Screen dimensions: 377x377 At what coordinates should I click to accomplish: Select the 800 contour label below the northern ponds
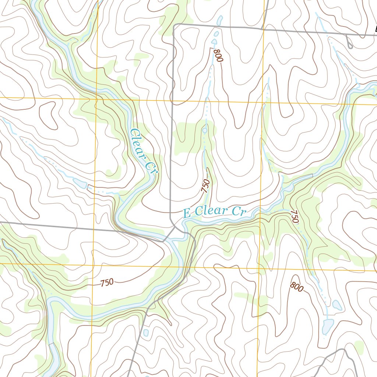click(x=218, y=55)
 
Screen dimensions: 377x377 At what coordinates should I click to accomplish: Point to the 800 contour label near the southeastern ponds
click(x=297, y=286)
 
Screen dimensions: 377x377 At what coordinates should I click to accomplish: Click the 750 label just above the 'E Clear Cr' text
click(x=206, y=186)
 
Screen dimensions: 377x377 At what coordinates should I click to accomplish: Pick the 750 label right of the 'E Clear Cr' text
click(x=294, y=216)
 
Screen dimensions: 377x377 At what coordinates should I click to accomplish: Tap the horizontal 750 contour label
click(x=107, y=283)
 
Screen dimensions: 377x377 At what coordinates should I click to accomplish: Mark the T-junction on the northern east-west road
click(x=262, y=28)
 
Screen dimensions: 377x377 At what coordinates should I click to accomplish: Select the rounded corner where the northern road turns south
click(x=175, y=25)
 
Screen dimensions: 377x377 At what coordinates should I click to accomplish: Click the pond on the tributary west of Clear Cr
click(x=80, y=183)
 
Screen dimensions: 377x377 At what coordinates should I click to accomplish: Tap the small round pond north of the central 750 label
click(x=205, y=130)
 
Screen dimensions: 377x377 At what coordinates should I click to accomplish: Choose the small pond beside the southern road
click(x=146, y=332)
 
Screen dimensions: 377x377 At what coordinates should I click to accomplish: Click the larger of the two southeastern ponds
click(x=327, y=325)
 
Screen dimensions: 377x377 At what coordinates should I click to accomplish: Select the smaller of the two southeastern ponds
click(x=337, y=305)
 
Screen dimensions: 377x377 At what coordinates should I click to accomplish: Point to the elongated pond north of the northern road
click(x=220, y=20)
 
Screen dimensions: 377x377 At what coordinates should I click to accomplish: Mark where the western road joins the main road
click(x=165, y=241)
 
